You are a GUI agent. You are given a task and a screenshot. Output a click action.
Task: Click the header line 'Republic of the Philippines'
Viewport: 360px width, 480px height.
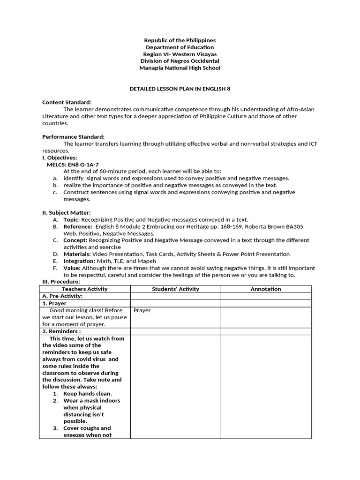[x=180, y=40]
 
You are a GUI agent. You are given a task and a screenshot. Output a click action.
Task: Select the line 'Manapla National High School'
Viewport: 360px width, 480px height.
[x=180, y=68]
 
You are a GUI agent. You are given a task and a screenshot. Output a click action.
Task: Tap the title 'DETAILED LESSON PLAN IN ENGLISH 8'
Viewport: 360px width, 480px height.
[x=180, y=89]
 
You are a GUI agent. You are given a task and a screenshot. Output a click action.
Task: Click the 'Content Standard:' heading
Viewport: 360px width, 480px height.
[x=67, y=102]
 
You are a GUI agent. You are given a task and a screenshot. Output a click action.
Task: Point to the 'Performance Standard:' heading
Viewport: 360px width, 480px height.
[x=73, y=136]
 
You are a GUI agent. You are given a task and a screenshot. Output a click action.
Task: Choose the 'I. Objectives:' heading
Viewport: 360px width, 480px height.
[x=60, y=157]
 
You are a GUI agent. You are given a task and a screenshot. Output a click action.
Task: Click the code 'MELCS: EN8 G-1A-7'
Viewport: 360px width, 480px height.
[x=73, y=165]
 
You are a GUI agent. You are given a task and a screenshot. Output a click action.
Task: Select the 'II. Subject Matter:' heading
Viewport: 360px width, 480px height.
[x=67, y=212]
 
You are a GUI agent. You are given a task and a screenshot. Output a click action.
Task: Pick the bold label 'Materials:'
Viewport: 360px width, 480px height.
[x=78, y=254]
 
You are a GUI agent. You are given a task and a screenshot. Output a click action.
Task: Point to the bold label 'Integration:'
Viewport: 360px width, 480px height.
[x=80, y=261]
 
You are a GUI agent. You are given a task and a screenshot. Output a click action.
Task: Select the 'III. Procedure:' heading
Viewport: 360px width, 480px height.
[x=61, y=282]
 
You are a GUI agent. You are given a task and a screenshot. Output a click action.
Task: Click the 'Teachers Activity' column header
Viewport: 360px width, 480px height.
[x=85, y=289]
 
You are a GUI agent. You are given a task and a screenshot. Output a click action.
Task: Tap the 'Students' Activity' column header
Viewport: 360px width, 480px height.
[x=175, y=289]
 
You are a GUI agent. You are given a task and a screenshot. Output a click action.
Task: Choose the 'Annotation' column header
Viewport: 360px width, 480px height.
[x=266, y=289]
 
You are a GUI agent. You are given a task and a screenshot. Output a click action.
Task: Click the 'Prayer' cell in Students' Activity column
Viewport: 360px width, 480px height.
[x=142, y=310]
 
